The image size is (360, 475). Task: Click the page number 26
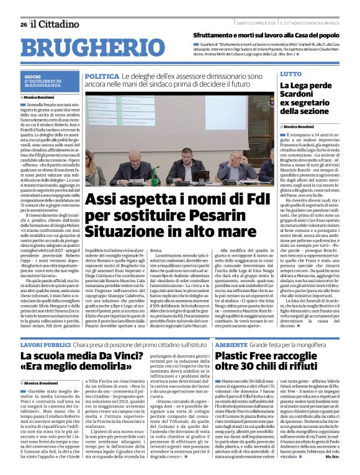coord(24,24)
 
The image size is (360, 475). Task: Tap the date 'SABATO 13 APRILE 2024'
coord(256,24)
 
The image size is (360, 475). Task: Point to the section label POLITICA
coord(102,76)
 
